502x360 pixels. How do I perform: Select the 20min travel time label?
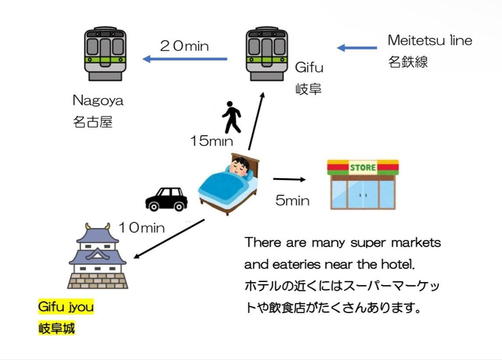coord(184,46)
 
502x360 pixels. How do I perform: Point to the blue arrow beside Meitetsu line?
coord(357,48)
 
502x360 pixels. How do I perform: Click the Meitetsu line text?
coord(430,41)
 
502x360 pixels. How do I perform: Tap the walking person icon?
coord(232,117)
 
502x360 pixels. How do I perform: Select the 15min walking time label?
coord(211,141)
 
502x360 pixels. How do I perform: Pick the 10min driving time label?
coord(141,228)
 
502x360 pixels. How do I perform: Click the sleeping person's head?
coord(240,168)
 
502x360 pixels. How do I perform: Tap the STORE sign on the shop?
coord(363,167)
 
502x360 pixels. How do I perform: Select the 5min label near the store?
coord(292,201)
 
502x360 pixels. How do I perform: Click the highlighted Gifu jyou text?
coord(66,307)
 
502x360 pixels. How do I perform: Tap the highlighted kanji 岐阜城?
coord(57,328)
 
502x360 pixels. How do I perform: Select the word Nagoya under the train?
coord(98,101)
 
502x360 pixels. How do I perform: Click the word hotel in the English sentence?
coord(396,265)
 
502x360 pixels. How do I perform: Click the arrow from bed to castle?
coord(169,239)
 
